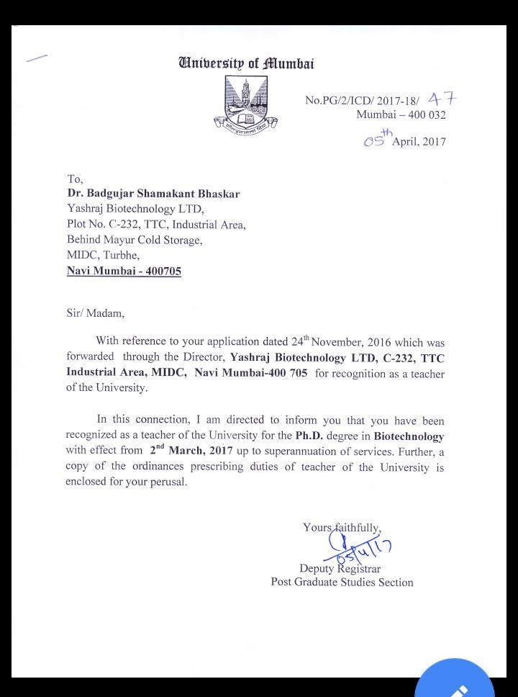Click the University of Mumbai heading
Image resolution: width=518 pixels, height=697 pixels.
click(245, 63)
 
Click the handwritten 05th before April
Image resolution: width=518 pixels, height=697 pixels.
click(378, 138)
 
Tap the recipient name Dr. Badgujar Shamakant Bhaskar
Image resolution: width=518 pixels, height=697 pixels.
click(153, 194)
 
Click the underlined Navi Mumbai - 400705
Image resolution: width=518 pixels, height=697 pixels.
click(124, 271)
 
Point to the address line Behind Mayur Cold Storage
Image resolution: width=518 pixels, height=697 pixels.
click(135, 240)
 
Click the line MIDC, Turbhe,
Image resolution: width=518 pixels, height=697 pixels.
click(103, 255)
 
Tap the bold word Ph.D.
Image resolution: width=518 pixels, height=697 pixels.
click(312, 436)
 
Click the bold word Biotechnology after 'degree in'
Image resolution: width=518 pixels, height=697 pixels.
click(409, 436)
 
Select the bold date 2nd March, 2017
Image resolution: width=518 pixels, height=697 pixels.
click(191, 451)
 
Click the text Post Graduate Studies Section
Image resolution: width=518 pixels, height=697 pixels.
click(342, 582)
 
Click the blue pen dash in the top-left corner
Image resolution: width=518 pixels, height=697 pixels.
click(37, 58)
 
